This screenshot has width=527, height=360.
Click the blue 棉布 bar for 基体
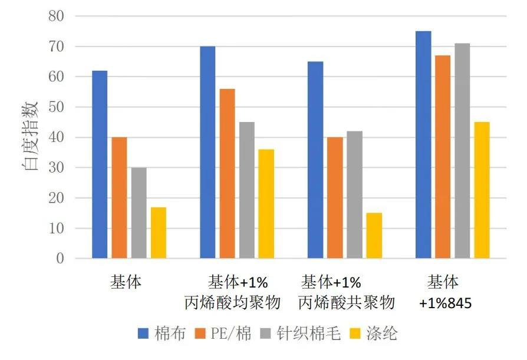100,164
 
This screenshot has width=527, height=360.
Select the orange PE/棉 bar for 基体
119,197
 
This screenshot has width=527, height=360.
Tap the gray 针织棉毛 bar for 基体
139,213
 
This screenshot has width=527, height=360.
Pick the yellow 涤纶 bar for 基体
159,232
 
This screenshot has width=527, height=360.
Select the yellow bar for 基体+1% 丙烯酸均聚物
266,203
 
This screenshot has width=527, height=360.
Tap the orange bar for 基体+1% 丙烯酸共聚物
335,197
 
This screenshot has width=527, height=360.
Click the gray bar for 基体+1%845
462,150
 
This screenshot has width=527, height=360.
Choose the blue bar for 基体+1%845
423,144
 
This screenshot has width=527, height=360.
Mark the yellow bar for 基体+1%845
482,190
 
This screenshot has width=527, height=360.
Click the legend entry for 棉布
162,334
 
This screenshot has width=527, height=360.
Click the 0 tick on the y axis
60,258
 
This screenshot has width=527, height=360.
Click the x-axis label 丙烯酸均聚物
232,303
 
